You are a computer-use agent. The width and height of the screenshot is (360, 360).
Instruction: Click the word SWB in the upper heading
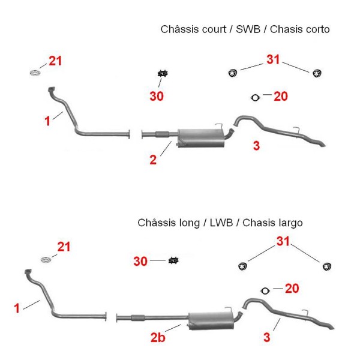(x=248, y=29)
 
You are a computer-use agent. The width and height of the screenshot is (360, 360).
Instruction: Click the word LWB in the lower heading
(x=221, y=223)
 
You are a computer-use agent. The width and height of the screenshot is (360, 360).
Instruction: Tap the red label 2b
(x=158, y=337)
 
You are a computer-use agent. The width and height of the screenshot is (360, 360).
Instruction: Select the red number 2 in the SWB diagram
(x=153, y=160)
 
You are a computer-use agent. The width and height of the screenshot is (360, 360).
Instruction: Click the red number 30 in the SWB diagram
(x=157, y=96)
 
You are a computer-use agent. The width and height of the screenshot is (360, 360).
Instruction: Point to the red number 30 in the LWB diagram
(x=140, y=261)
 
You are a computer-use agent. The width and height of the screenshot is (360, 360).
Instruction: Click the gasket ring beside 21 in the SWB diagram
(x=35, y=73)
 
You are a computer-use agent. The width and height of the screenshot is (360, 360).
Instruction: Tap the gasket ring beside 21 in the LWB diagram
(x=46, y=260)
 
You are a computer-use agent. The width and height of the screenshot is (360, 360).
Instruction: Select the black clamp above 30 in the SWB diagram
(x=163, y=73)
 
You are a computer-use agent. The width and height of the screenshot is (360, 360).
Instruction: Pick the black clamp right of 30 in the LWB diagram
(x=173, y=260)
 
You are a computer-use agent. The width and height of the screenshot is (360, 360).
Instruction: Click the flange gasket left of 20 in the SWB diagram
(x=255, y=98)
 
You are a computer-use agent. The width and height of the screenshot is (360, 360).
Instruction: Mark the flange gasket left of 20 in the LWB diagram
(x=265, y=291)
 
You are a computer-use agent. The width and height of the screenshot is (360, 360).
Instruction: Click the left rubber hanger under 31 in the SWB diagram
(x=233, y=73)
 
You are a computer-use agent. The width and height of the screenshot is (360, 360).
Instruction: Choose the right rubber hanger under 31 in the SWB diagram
(x=317, y=73)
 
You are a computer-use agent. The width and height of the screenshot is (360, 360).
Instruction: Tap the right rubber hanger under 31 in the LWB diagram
(x=327, y=266)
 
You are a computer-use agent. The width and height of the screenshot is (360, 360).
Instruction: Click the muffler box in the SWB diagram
(x=201, y=138)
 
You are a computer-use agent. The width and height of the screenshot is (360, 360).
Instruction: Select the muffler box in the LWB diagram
(x=211, y=321)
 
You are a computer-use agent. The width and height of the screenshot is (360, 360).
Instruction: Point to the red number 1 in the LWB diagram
(x=17, y=308)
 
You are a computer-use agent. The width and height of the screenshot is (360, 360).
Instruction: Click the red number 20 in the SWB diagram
(x=281, y=96)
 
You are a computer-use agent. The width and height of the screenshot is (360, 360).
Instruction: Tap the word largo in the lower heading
(x=291, y=223)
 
